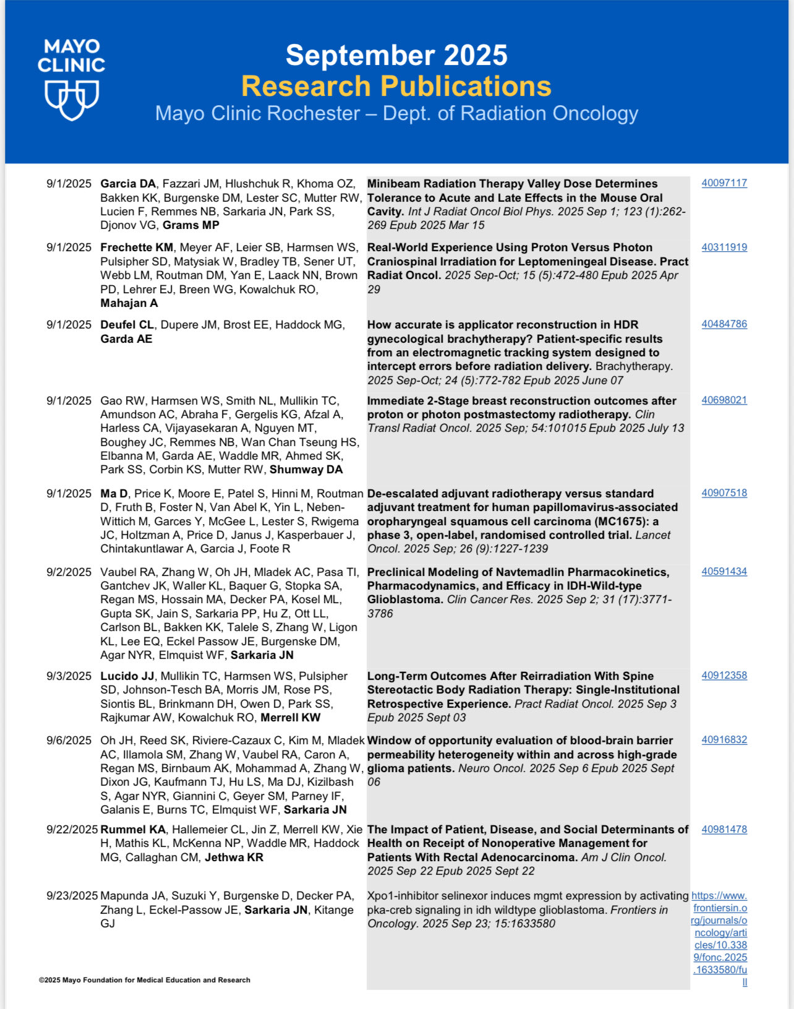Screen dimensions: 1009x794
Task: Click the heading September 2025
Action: (396, 55)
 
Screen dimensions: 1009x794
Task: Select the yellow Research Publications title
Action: (396, 86)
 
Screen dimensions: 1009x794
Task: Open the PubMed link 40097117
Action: (724, 183)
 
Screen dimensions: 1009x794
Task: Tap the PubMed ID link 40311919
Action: (724, 247)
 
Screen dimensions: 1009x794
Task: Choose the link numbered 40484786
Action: (724, 324)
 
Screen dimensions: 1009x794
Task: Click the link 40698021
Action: (724, 400)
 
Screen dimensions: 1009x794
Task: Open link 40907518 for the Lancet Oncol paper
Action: (724, 493)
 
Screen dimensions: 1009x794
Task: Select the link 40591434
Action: (724, 572)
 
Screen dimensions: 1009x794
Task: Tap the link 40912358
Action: (724, 676)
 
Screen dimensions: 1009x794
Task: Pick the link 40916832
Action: (724, 740)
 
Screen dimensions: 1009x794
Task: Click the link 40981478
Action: (724, 830)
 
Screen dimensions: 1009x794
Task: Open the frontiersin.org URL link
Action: (720, 938)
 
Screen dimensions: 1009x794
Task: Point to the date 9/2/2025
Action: (69, 572)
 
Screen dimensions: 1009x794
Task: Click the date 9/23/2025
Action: (72, 896)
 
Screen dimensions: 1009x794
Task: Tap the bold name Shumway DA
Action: (306, 470)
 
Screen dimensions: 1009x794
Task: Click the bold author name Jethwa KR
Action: (234, 857)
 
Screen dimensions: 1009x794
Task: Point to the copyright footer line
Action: (145, 980)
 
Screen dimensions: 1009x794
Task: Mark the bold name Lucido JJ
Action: (127, 676)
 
